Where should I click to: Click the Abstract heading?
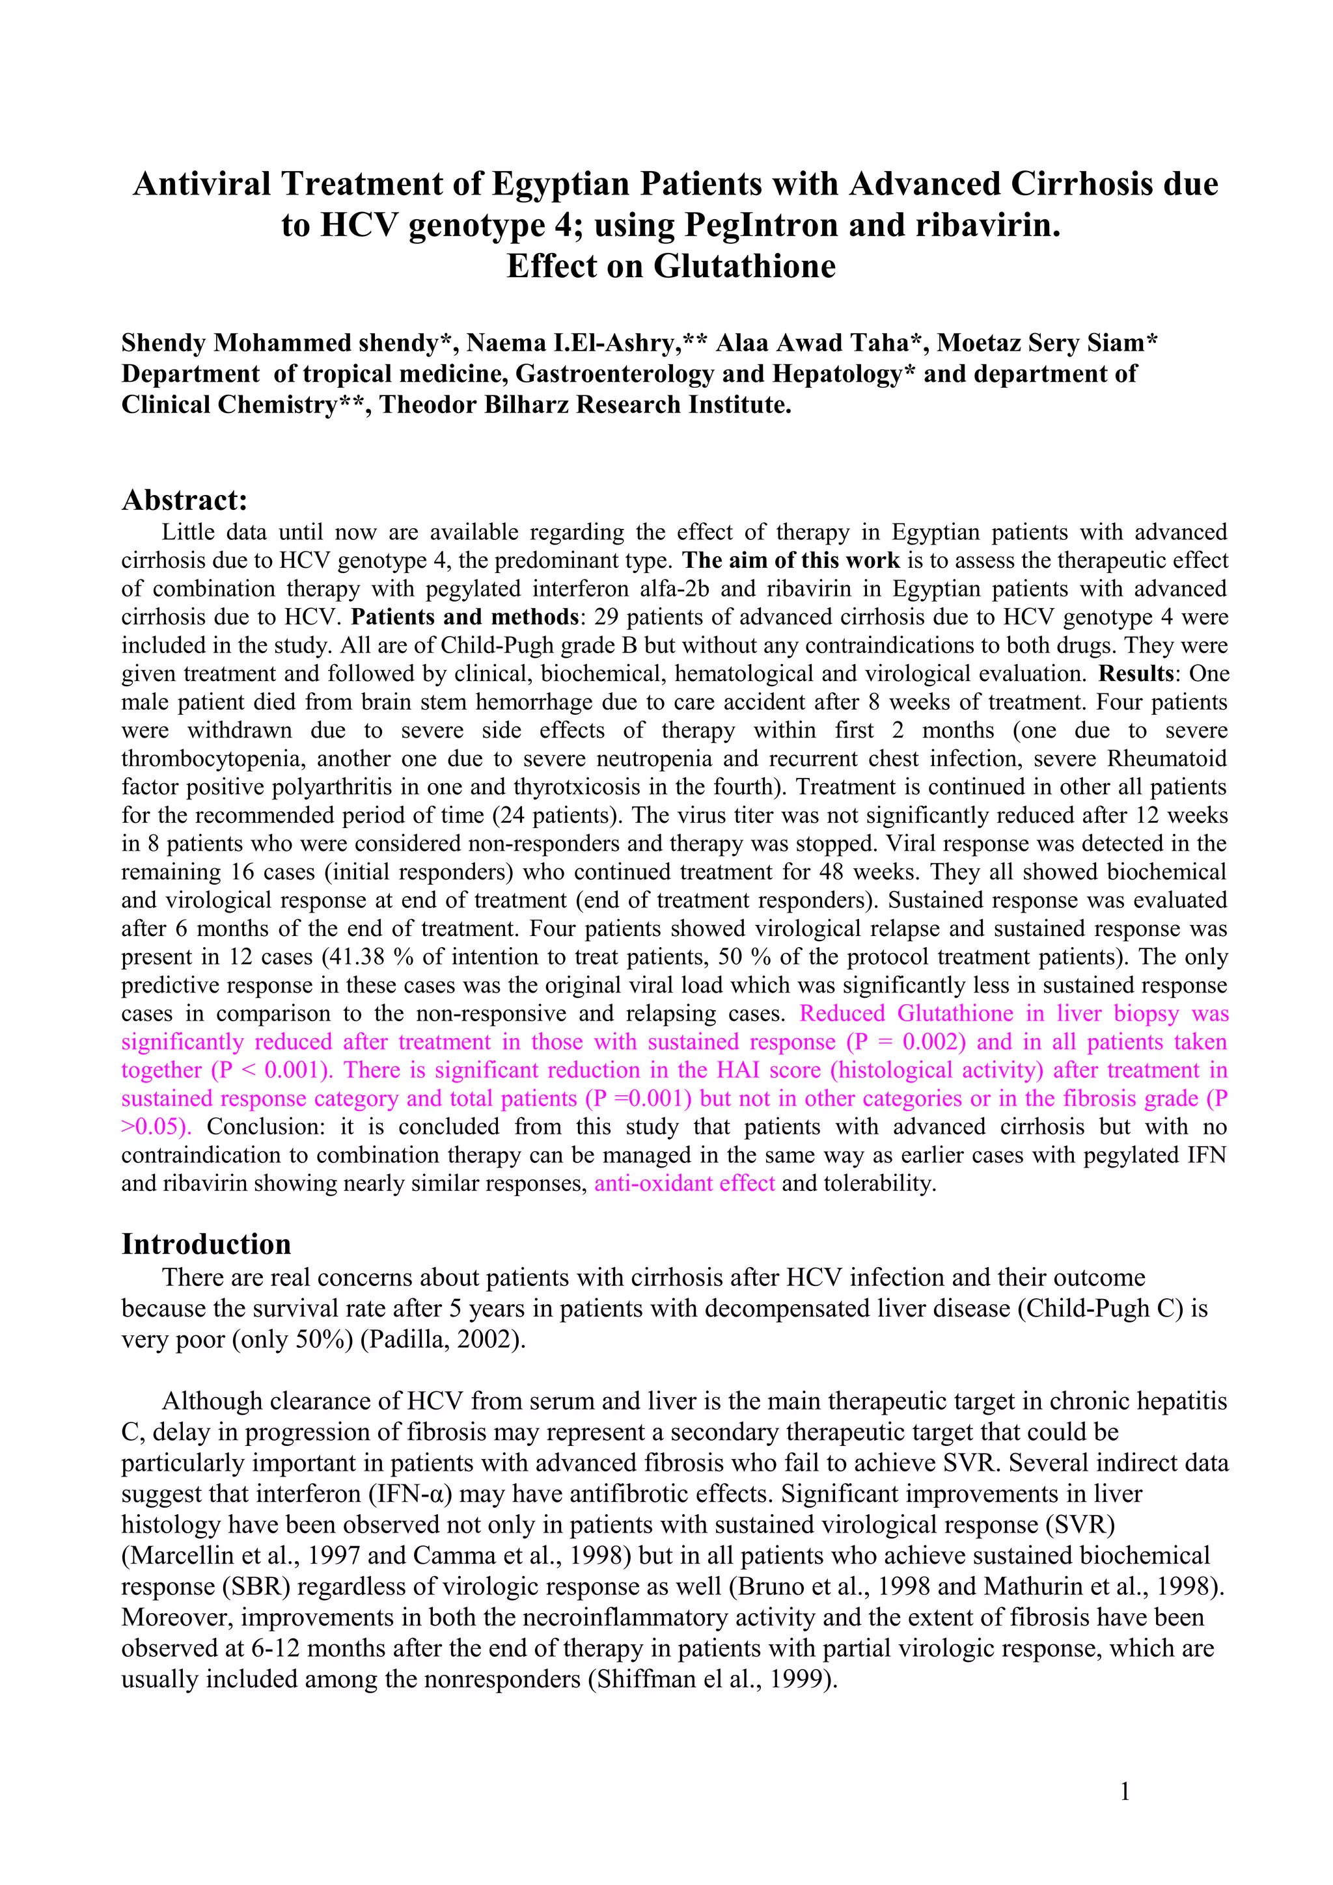pos(184,500)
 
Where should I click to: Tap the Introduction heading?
pos(206,1244)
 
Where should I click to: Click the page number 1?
pos(1124,1791)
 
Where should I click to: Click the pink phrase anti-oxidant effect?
pos(684,1183)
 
